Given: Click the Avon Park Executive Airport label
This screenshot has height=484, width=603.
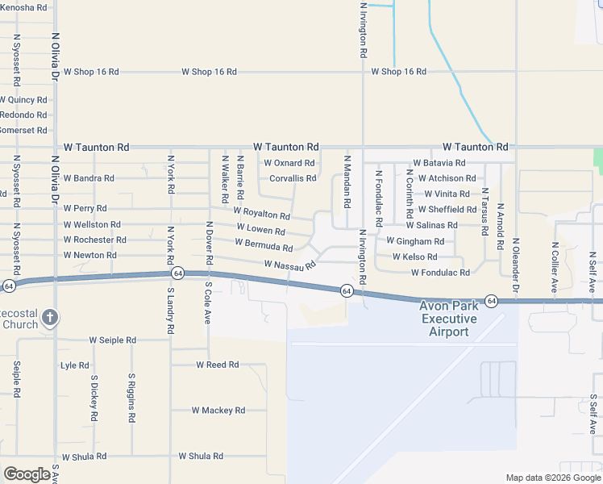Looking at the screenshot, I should point(448,319).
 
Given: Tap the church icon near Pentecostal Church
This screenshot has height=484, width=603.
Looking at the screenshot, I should point(49,316).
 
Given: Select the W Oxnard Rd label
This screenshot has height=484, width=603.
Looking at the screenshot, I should point(289,163).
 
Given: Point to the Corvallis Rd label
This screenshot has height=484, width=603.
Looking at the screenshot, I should point(293,178).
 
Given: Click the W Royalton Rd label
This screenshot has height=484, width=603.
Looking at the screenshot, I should point(261,214).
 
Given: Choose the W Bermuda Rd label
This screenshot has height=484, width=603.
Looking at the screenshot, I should point(264,244).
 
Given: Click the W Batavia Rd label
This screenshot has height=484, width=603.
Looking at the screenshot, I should point(439,163).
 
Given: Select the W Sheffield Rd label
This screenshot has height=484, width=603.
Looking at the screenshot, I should point(447,209).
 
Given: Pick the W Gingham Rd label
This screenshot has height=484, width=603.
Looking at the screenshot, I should point(414,241).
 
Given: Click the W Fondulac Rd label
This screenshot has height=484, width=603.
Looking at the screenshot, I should point(440,273).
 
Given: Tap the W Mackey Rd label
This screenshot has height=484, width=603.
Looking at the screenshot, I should point(218,411).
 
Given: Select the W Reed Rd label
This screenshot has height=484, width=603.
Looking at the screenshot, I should point(218,365).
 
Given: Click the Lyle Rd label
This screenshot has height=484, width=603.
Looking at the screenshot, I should point(75,365).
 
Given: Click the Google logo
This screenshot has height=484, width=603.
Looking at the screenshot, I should point(27,474).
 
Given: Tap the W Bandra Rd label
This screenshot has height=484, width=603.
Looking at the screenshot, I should point(89,178).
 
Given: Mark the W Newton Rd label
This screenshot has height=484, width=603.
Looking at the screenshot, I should point(89,255).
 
